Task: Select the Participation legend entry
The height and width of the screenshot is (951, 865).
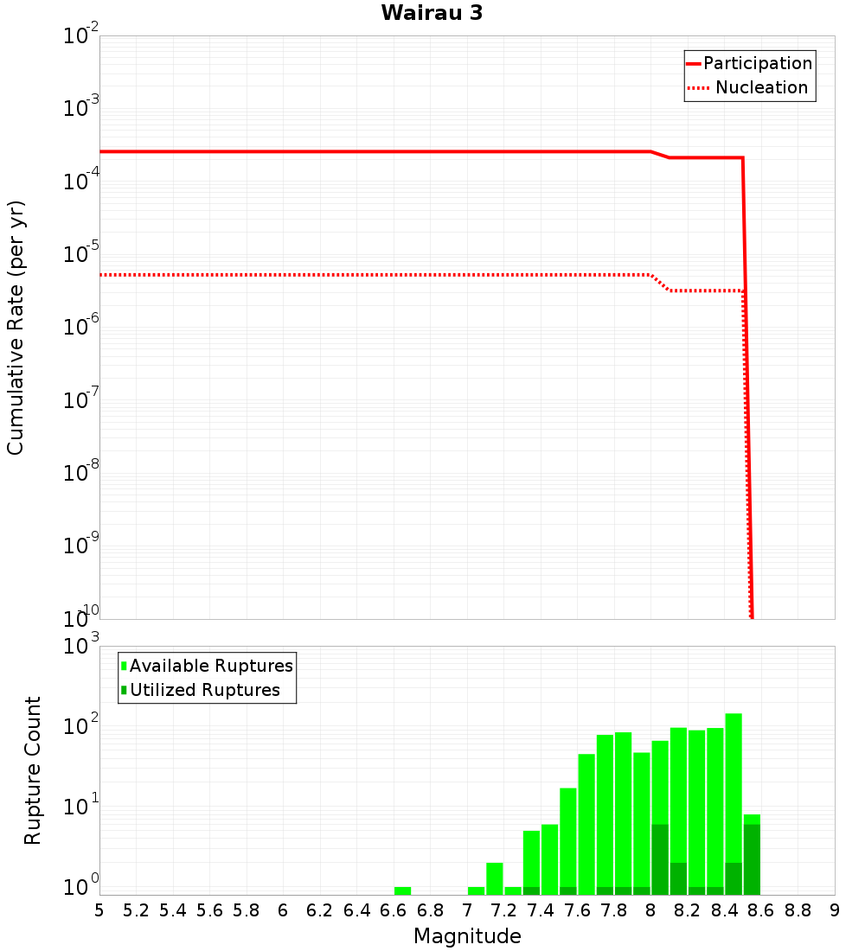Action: coord(757,63)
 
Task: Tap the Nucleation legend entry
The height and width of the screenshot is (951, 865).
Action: coord(761,87)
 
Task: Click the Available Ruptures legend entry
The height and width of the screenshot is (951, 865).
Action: coord(211,666)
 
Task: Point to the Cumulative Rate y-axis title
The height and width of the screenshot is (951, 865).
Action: coord(16,327)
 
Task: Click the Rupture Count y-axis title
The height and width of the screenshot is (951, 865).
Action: coord(33,769)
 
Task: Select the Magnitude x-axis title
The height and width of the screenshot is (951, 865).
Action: coord(467,936)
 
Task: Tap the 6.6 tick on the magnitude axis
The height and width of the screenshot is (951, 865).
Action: coord(394,910)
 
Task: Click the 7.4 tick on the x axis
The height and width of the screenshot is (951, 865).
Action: coord(541,910)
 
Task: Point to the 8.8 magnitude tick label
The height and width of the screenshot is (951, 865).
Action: coord(798,910)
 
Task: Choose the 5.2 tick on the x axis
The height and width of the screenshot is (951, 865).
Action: coord(136,910)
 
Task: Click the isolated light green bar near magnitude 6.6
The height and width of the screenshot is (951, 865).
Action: coord(402,890)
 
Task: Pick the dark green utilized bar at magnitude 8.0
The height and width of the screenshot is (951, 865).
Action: coord(660,859)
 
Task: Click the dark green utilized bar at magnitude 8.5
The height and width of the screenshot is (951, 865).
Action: coord(752,859)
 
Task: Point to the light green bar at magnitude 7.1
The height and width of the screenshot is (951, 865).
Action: coord(494,878)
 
